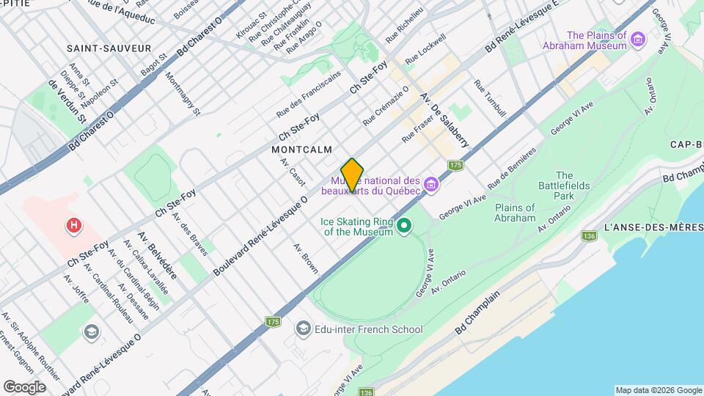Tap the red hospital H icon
click(73, 227)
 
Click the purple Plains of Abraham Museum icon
click(637, 39)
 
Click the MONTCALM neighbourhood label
click(296, 149)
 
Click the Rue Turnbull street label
click(491, 99)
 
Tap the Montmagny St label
click(182, 94)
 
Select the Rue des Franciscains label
click(308, 95)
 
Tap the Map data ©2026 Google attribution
click(658, 390)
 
